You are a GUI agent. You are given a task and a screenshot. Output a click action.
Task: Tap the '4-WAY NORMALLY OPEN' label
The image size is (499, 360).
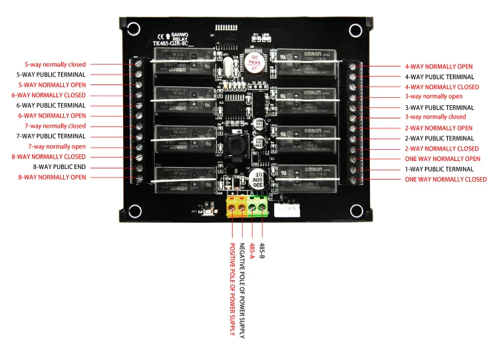[438, 67]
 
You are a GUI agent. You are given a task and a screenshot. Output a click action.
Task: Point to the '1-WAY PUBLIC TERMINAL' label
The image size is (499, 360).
[439, 169]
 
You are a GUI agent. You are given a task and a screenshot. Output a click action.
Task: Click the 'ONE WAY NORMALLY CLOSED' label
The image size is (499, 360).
[446, 179]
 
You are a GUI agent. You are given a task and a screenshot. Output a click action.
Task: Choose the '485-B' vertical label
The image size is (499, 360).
[262, 252]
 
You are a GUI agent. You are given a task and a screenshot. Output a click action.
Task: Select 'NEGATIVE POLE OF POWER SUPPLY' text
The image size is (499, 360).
[242, 283]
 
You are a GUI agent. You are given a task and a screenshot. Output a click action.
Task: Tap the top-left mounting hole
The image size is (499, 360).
[134, 29]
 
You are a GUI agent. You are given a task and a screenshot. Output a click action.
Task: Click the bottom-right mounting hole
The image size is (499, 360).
[354, 212]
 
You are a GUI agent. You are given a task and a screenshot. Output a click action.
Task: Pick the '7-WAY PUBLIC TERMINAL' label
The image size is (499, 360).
[56, 136]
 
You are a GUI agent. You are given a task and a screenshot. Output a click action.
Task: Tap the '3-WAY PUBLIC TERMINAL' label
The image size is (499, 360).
[439, 108]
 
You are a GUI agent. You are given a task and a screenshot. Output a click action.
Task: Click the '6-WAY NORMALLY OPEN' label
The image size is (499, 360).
[56, 116]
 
